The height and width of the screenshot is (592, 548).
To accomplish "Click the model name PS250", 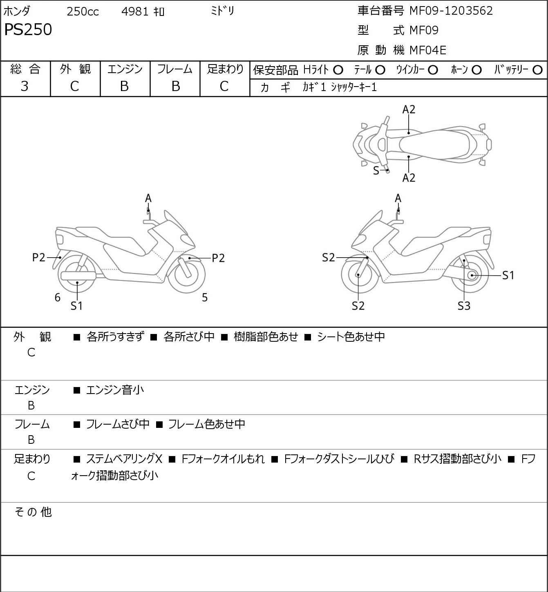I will point(28,30).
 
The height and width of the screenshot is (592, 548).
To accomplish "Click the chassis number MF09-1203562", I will point(451,11).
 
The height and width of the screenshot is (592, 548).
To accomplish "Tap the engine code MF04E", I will point(428,50).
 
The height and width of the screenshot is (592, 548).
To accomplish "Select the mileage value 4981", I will point(135,11).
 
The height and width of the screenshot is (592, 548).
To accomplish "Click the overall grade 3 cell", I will point(25,86).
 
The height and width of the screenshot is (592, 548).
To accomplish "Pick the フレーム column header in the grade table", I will point(175,69).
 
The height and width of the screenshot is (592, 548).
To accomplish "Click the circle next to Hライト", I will point(338,70).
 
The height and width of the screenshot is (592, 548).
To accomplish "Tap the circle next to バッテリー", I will point(537,70).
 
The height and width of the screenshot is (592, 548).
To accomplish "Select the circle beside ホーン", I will point(476,70).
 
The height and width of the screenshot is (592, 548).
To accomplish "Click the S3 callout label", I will point(464,306).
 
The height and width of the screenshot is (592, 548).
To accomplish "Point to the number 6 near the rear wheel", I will point(58,298).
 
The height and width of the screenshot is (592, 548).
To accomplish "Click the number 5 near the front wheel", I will point(205,298).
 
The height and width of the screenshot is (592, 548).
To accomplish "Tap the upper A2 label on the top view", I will point(409,109).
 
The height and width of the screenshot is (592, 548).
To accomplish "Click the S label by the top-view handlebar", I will point(376,171).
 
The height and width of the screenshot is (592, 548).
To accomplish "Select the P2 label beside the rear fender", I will point(39,258).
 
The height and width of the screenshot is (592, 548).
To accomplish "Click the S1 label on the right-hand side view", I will point(508,276).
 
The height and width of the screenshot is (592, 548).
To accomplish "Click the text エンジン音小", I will point(115,390).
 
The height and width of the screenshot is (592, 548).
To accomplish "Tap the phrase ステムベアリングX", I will point(124,459).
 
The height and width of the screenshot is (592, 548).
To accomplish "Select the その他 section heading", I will point(33,512).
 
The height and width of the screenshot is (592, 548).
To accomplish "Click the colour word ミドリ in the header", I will point(222,11).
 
